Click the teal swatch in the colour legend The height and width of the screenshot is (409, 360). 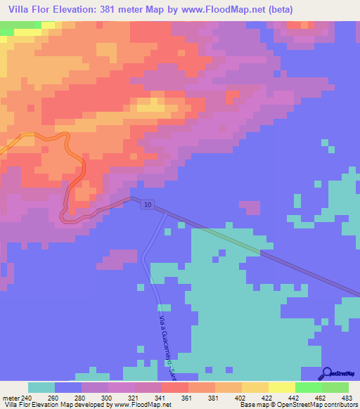(x=41, y=387)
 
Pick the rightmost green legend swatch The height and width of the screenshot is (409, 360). (x=335, y=387)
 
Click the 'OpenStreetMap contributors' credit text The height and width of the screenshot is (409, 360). (x=323, y=404)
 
